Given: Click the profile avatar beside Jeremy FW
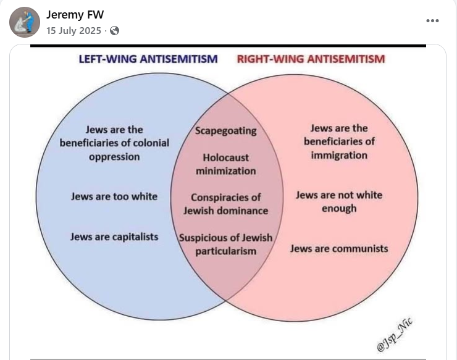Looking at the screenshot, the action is coord(25,22).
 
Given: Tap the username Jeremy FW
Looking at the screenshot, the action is coord(75,15).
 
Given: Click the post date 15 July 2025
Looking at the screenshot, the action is coord(73,31).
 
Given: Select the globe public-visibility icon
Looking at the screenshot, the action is coord(114,31).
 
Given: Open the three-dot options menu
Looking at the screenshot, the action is coord(432,21).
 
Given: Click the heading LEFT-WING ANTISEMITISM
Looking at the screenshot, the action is coord(148,59).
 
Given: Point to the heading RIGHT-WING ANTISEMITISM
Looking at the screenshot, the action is coord(311,59).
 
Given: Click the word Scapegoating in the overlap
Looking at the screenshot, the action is coord(225,131).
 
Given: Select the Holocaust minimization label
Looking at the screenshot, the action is coord(226,164).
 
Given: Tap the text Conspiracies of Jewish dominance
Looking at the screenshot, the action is coord(226,204).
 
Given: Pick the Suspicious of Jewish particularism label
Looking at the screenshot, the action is coord(226,245).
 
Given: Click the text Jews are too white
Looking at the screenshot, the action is coord(114,196).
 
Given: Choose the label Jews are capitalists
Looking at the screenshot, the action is coord(114,237).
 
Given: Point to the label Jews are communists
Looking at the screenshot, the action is coord(339,249).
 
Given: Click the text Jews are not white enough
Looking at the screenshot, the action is coord(339,202).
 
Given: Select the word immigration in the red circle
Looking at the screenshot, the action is coord(339,155).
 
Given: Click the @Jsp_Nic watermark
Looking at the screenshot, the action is coord(395,335).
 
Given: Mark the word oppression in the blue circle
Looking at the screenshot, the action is coord(114,157).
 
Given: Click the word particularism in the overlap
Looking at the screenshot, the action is coord(226,251).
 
